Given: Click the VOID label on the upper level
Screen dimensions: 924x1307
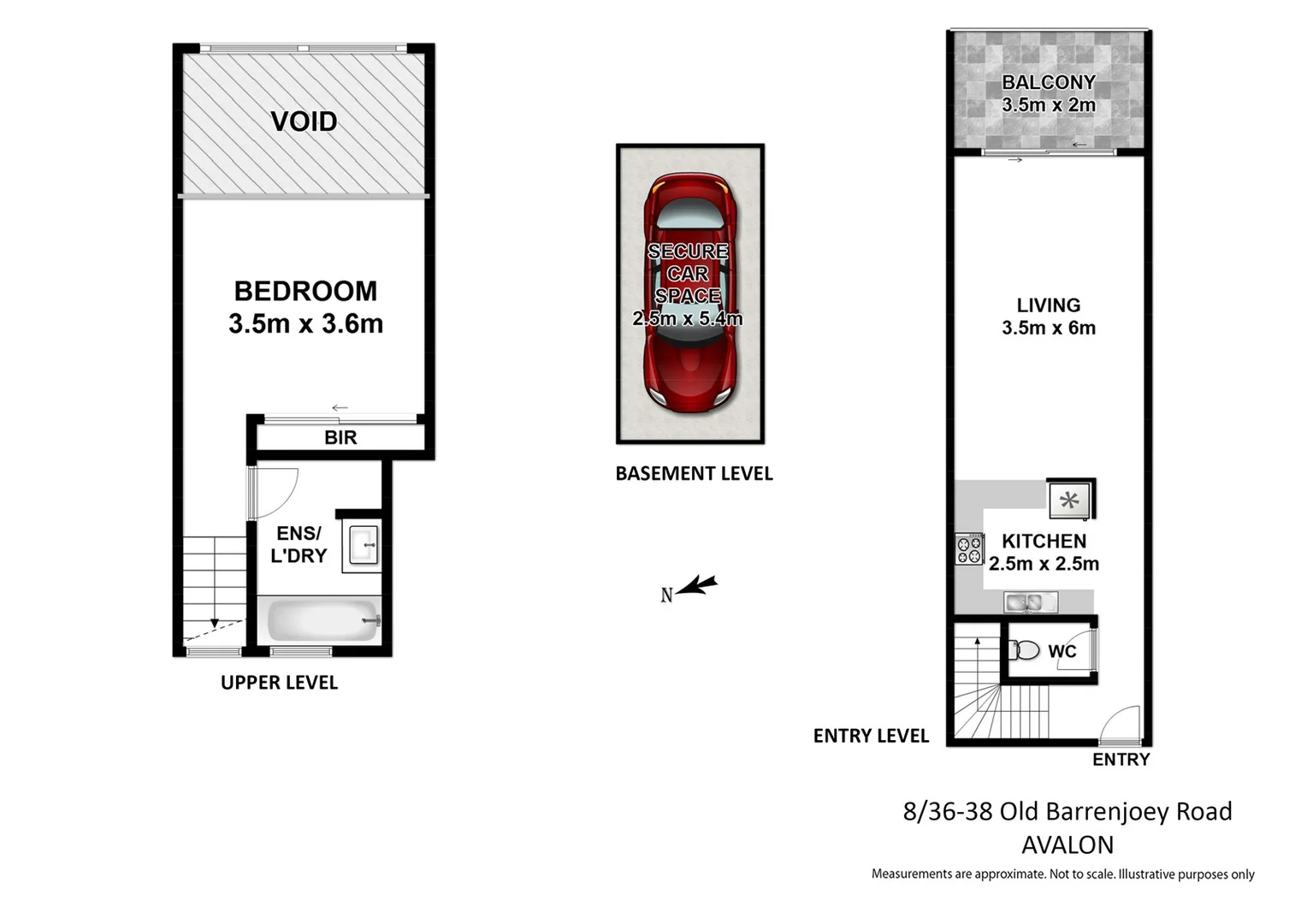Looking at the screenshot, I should [304, 121].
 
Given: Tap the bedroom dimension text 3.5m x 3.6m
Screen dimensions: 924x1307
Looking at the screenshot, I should [305, 324].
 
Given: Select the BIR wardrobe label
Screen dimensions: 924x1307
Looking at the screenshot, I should [340, 438].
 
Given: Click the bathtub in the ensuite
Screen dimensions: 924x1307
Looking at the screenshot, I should [322, 620].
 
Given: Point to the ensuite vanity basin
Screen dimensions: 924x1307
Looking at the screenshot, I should [362, 545].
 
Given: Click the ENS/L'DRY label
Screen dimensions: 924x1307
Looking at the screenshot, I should [299, 545].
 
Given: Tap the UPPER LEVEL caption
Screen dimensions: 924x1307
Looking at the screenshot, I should [279, 683].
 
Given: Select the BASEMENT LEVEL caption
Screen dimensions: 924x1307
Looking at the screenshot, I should [694, 474].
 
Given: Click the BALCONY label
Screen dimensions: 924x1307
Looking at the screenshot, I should [1049, 83].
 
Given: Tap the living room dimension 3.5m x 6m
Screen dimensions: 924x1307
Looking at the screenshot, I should [1049, 328].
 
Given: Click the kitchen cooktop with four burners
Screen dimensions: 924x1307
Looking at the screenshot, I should [969, 549].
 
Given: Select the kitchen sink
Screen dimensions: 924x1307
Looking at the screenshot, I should [1030, 602].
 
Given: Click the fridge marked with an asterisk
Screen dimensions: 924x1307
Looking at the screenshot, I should [1070, 500].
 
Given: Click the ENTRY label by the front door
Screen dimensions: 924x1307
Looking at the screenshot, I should [1121, 760].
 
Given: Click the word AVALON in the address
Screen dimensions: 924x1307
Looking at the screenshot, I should [1067, 845].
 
